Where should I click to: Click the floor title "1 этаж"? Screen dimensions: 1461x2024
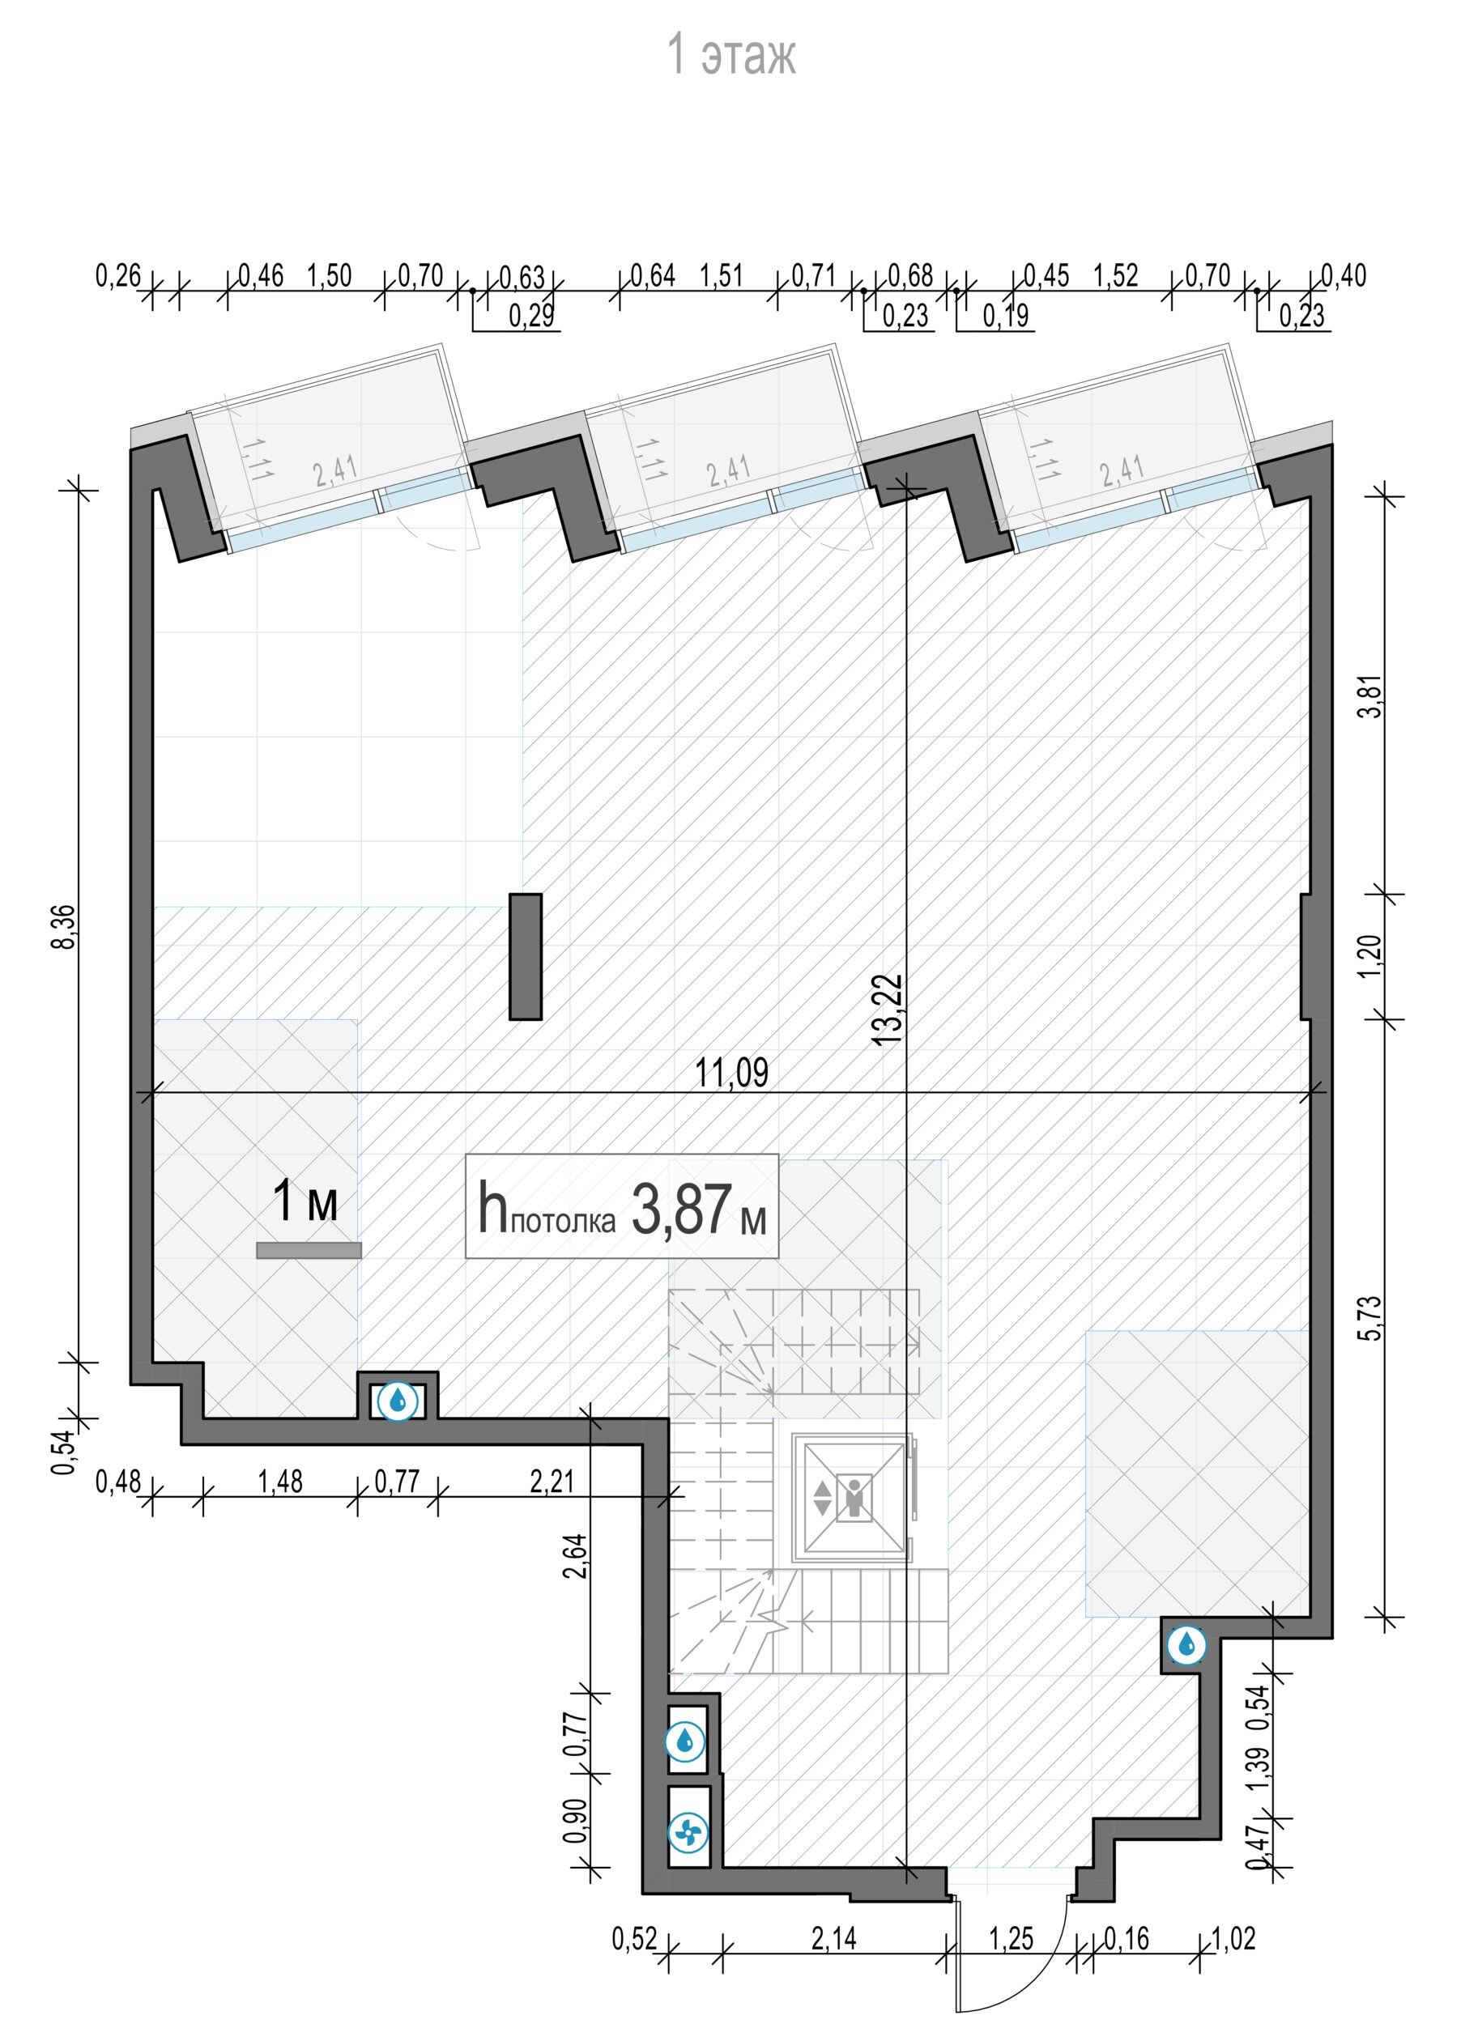coord(731,54)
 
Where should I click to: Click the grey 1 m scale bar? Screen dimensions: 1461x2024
coord(309,1250)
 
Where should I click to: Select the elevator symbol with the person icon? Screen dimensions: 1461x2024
coord(854,1498)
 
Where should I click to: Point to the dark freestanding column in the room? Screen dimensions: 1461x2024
coord(526,956)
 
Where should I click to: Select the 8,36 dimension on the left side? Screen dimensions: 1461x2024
coord(63,927)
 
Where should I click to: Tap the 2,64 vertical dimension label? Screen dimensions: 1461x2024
coord(576,1555)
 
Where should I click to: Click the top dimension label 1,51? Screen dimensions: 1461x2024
coord(721,275)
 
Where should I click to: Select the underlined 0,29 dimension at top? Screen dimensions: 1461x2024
coord(531,315)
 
